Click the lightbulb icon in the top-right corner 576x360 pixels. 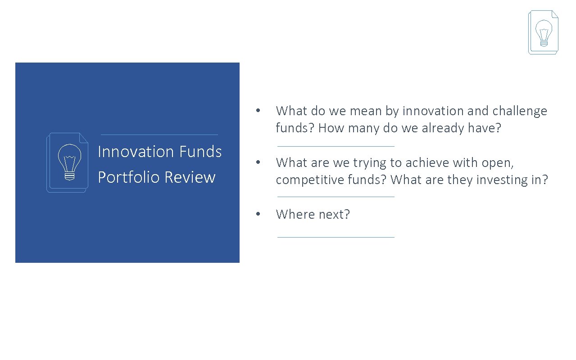(x=543, y=32)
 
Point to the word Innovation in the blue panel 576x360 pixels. (x=136, y=152)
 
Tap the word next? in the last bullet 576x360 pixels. (x=334, y=214)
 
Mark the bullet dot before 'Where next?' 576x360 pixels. (x=257, y=214)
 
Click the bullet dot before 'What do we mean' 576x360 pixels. (x=257, y=111)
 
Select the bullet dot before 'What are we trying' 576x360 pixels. (x=257, y=162)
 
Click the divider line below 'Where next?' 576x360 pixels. (x=336, y=237)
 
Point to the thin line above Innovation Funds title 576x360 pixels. (x=159, y=135)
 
